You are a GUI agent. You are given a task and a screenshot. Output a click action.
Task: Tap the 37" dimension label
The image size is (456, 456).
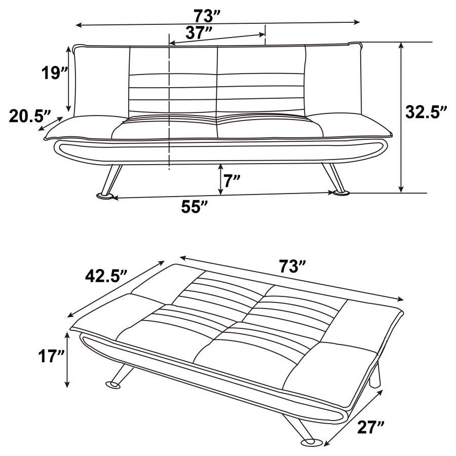click(199, 33)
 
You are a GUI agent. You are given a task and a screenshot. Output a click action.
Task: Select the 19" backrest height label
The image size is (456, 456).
click(54, 73)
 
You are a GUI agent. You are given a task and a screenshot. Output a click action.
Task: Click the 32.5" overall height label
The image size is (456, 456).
click(427, 112)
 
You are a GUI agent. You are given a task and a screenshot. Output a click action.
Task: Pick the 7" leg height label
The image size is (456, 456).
click(233, 181)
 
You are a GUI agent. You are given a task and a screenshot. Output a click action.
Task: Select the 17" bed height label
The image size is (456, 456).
click(52, 356)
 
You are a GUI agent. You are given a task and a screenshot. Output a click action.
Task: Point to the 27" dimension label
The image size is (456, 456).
click(370, 428)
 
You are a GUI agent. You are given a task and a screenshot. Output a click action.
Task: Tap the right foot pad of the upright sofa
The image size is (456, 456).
click(340, 193)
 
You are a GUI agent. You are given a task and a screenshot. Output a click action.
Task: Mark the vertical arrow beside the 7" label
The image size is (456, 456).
click(221, 179)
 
